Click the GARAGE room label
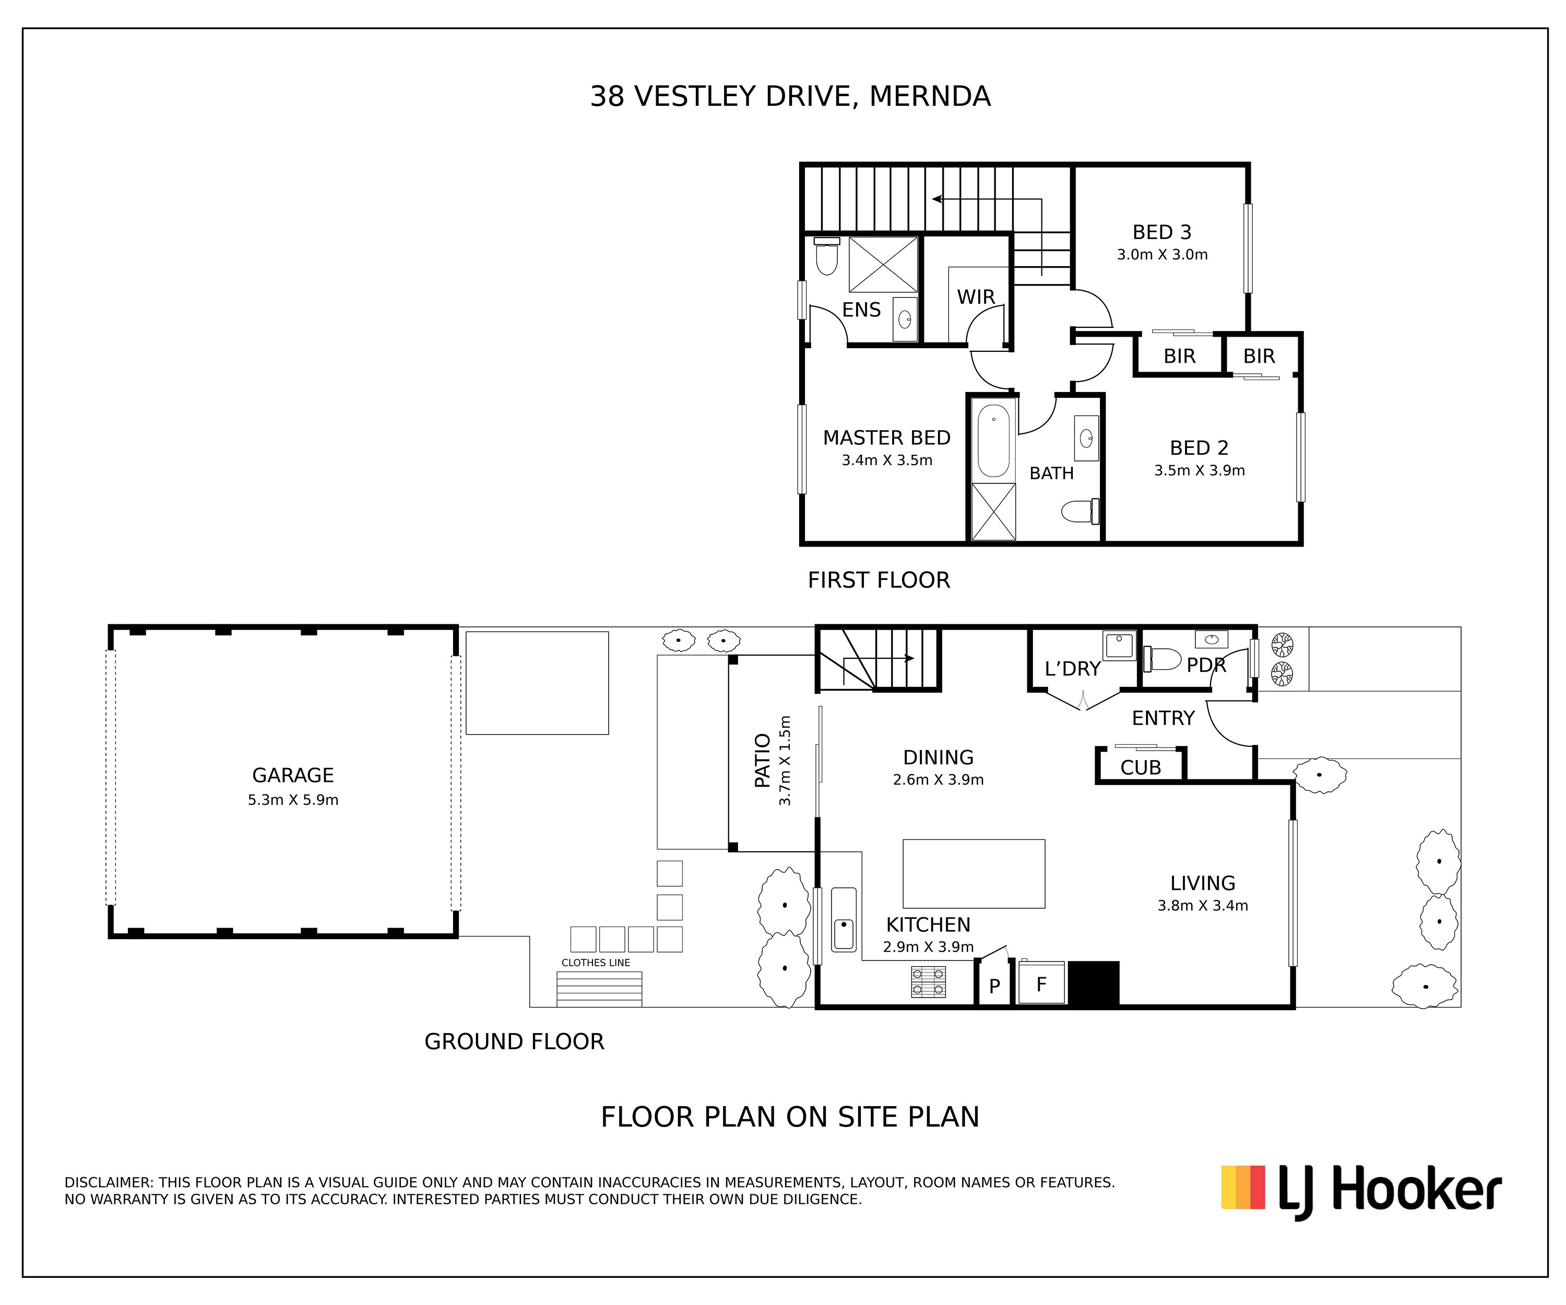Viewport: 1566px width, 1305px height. pos(292,776)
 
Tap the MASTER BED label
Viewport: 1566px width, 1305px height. pos(887,438)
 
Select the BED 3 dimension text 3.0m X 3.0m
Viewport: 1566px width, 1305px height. pos(1162,254)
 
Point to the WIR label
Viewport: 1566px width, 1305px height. pos(976,297)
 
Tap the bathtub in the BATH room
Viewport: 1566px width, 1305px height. pos(993,440)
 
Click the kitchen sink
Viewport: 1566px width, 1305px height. pos(844,919)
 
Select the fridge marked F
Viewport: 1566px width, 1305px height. pos(1041,983)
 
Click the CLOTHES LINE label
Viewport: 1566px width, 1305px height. pos(595,963)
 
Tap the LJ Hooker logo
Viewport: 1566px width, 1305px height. pos(1361,1190)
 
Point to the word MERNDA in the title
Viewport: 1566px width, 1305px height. pos(930,96)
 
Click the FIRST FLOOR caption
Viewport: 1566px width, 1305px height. pos(879,580)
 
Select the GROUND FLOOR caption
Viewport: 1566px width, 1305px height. pos(514,1042)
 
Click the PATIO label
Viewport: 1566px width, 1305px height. pos(762,760)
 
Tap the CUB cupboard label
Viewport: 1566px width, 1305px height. pos(1140,767)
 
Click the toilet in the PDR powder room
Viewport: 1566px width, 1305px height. pos(1162,659)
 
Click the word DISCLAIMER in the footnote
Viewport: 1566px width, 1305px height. pos(108,1183)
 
